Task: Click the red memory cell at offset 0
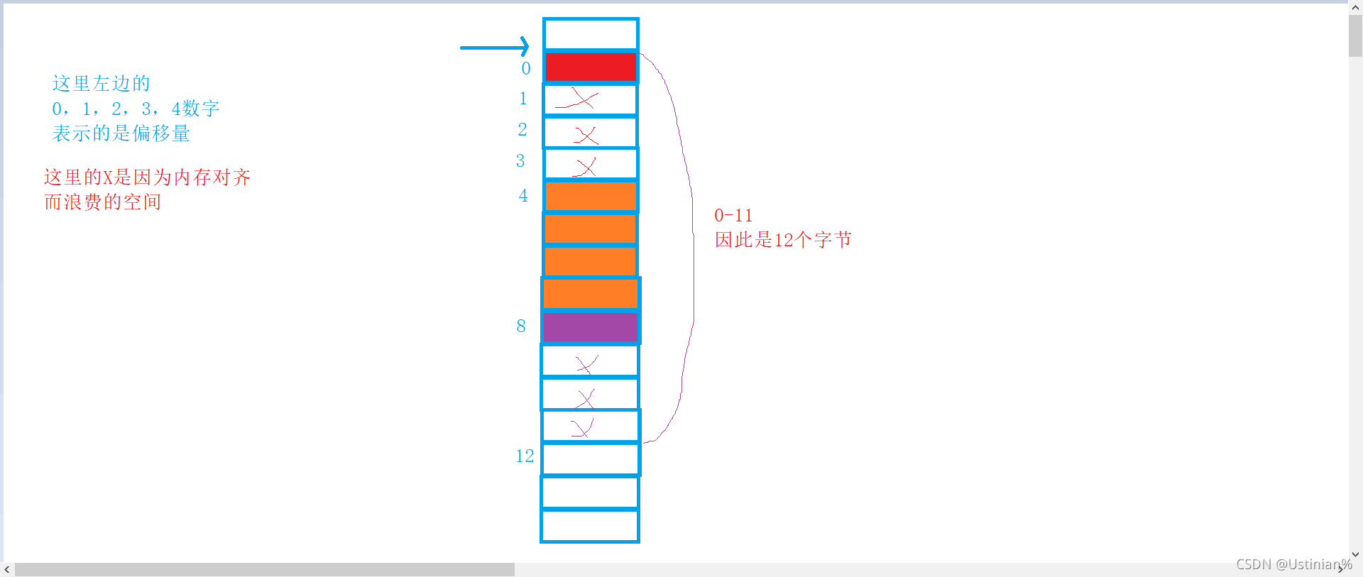591,67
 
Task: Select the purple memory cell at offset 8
590,328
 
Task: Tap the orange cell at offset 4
591,196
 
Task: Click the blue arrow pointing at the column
495,47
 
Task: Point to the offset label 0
526,69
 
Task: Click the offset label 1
523,99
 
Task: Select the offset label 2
522,130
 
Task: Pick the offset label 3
520,161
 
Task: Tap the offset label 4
523,196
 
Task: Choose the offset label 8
521,326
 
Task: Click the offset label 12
525,456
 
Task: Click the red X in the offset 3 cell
586,167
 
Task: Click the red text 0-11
733,216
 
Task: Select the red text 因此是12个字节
783,240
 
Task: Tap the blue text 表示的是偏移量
121,133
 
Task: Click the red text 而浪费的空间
103,202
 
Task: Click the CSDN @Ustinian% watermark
1293,564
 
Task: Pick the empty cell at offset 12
591,459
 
